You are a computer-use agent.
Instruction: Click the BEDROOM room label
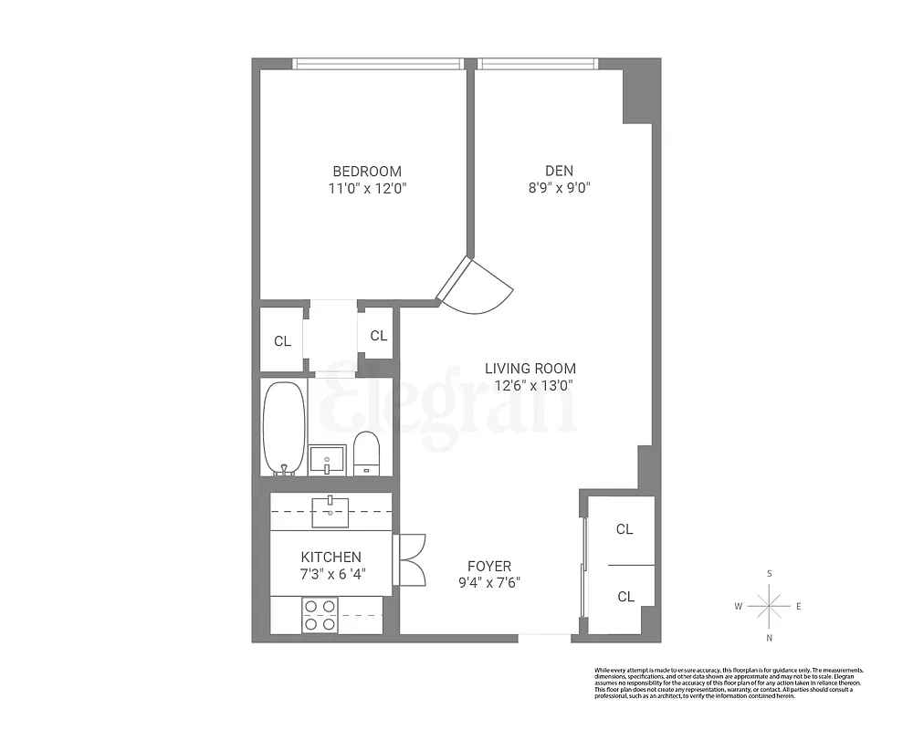tap(366, 172)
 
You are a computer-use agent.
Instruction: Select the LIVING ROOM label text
tap(530, 369)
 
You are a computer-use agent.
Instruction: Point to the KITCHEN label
tap(331, 558)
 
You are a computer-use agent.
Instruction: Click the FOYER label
tap(489, 567)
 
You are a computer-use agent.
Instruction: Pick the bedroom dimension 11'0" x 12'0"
tap(366, 189)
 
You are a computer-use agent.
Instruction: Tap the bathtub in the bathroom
tap(284, 427)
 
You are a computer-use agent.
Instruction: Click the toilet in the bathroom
tap(366, 452)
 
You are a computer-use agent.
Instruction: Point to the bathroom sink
tap(327, 458)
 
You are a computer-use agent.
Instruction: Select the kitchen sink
tap(331, 512)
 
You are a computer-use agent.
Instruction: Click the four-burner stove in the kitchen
tap(320, 614)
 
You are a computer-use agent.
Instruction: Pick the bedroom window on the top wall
tap(378, 64)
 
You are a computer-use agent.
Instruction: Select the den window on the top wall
tap(537, 64)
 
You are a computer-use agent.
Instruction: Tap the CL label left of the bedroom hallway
tap(282, 342)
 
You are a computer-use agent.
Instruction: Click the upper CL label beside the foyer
tap(624, 529)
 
